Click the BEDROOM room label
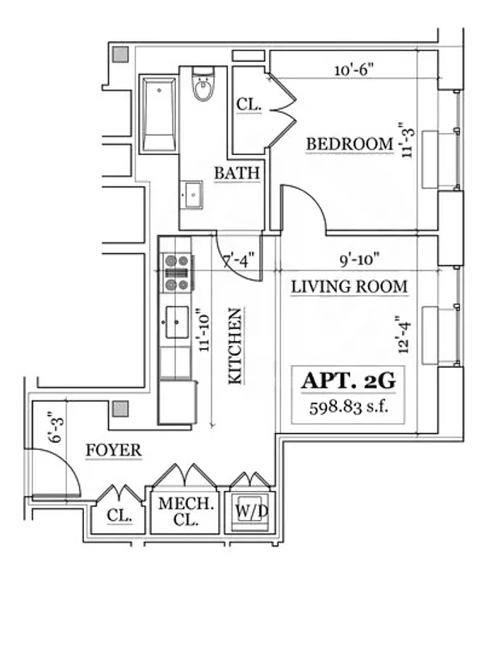(x=349, y=144)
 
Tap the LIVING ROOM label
(x=349, y=286)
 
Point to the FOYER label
(x=113, y=450)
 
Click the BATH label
(x=237, y=173)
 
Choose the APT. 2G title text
(x=349, y=381)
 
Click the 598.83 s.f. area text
(x=349, y=406)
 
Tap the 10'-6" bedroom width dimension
(x=353, y=70)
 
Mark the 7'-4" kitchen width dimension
(x=238, y=260)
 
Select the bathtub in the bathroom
(x=159, y=114)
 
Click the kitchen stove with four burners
(x=177, y=273)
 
